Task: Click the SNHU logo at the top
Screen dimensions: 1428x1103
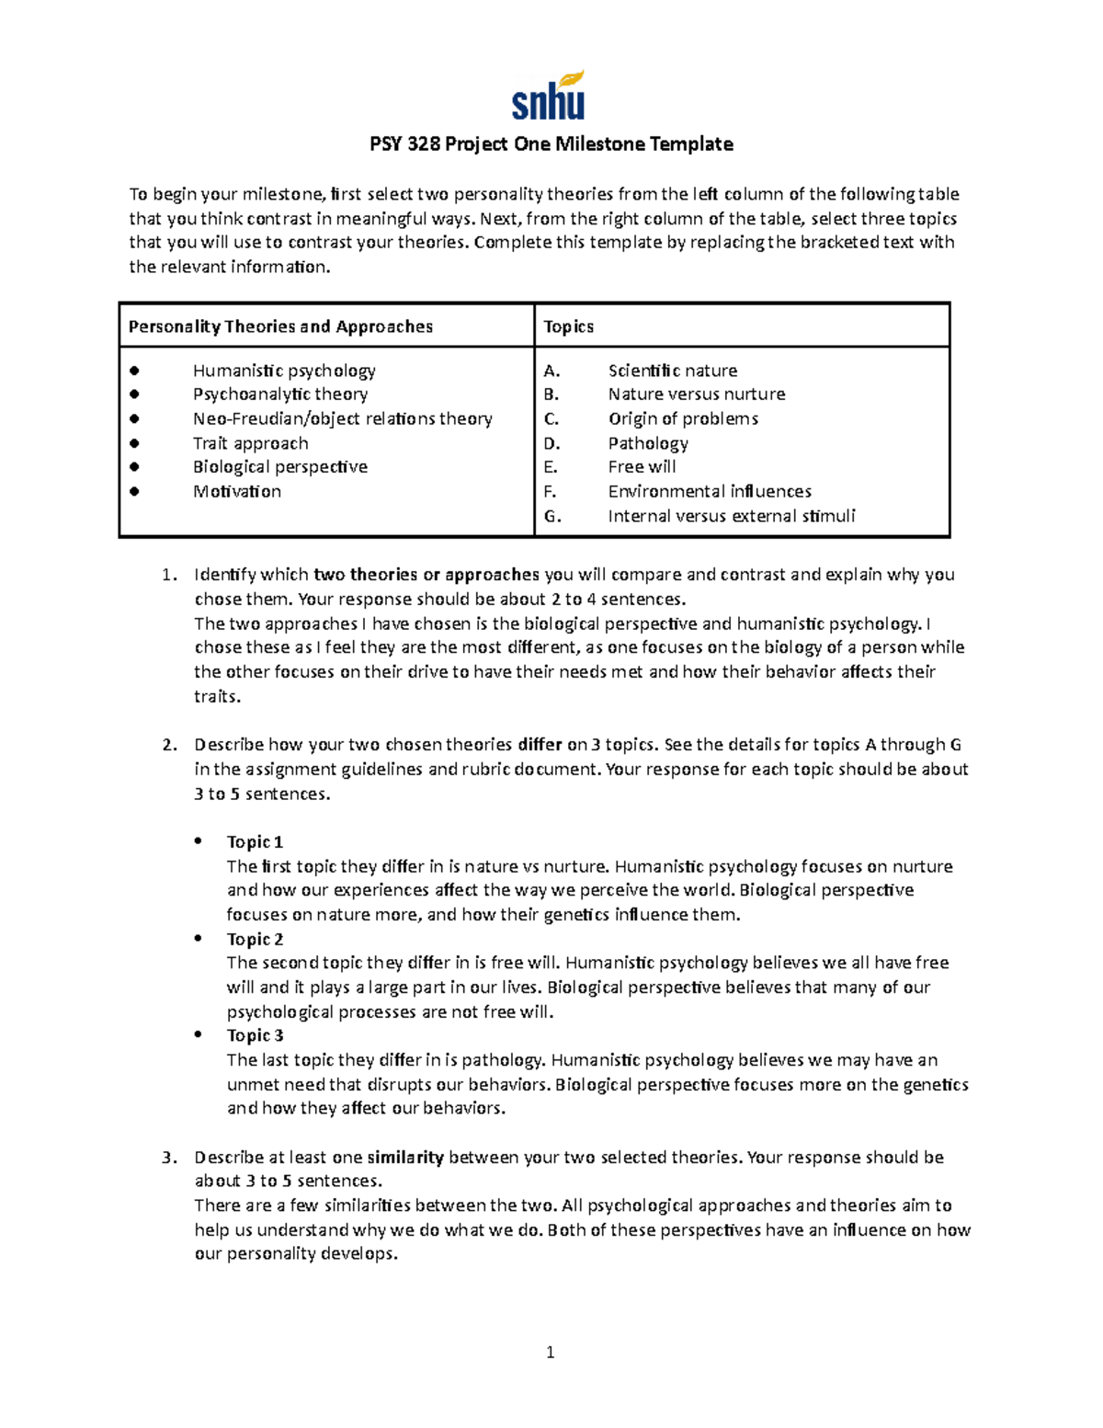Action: coord(549,97)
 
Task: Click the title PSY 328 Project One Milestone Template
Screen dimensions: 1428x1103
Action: coord(551,144)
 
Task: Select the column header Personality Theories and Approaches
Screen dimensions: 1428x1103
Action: coord(280,326)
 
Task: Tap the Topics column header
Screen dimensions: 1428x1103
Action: coord(568,326)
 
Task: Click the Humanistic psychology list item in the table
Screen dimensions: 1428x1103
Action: coord(284,371)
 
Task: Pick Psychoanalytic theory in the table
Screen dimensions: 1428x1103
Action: coord(280,394)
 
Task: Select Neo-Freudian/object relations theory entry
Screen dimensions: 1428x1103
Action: coord(342,418)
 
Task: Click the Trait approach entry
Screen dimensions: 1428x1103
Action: coord(250,443)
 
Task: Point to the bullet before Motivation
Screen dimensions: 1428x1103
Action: coord(134,491)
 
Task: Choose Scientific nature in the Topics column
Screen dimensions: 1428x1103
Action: coord(672,371)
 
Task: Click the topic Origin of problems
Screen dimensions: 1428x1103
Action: coord(683,418)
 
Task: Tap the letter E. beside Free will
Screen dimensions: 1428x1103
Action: coord(551,467)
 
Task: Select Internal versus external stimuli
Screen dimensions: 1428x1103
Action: coord(731,516)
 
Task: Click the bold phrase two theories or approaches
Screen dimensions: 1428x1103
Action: coord(426,575)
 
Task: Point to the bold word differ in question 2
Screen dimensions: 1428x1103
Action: coord(540,745)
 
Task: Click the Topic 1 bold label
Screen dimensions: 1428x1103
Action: coord(255,842)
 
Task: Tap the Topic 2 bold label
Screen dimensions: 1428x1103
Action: coord(255,939)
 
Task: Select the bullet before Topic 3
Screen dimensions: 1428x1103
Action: coord(198,1035)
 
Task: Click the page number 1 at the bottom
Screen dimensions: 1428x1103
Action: coord(550,1352)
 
